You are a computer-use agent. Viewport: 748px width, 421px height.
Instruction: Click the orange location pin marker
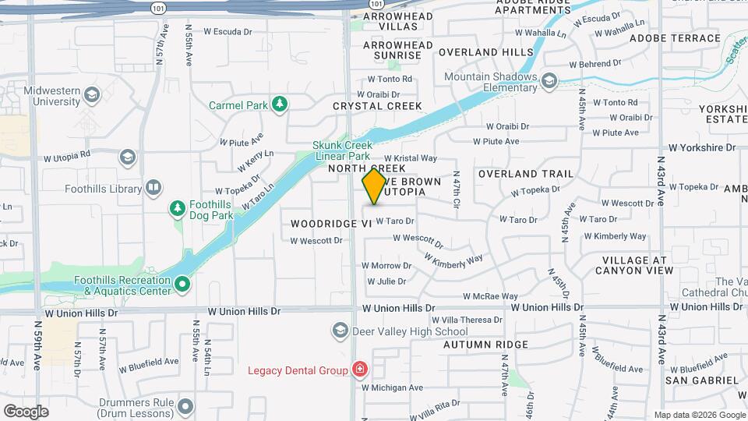[x=374, y=186]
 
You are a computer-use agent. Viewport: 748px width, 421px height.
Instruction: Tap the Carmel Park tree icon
[x=279, y=104]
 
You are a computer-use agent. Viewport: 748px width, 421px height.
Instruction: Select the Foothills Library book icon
[x=153, y=187]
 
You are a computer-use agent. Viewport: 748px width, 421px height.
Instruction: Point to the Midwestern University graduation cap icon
[x=92, y=96]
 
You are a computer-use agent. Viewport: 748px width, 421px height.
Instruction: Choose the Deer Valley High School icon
[x=340, y=331]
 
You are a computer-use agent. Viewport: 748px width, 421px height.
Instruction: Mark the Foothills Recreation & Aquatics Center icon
[x=182, y=285]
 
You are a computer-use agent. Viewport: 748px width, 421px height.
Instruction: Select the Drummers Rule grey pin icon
[x=185, y=406]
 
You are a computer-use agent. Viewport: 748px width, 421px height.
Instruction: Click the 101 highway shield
[x=158, y=8]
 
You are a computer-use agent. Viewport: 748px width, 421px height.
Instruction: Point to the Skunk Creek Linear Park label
[x=343, y=150]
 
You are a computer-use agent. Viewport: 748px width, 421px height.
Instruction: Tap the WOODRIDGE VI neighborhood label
[x=330, y=224]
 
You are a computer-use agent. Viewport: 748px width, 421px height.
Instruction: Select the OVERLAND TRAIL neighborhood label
[x=525, y=174]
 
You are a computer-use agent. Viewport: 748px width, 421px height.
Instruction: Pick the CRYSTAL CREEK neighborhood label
[x=377, y=106]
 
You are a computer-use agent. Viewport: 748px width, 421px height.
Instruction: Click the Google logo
[x=26, y=411]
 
